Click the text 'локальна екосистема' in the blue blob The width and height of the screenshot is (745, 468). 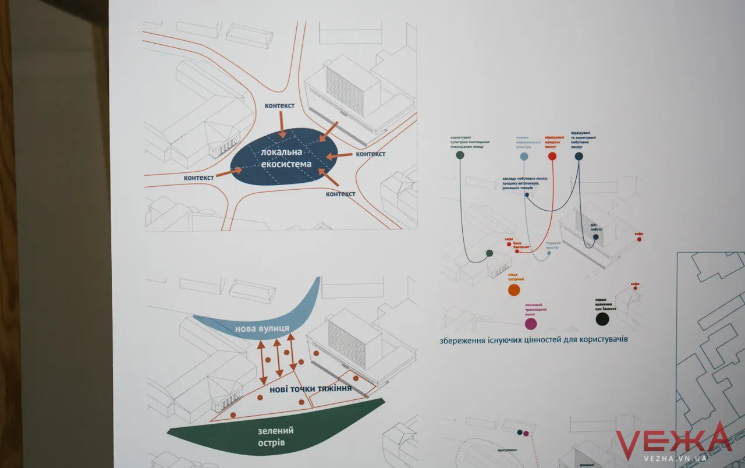click(286, 158)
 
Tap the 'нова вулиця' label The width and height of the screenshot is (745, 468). click(262, 329)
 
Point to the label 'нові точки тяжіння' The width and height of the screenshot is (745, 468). click(310, 388)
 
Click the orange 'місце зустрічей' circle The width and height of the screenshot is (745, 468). click(513, 290)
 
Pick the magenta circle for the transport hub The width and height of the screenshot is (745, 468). click(531, 324)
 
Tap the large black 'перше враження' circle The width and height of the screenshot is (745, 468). click(602, 319)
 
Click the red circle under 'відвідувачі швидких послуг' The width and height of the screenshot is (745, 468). click(552, 156)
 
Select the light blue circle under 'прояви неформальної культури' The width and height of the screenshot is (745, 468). click(524, 156)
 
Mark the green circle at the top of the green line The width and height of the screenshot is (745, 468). click(460, 155)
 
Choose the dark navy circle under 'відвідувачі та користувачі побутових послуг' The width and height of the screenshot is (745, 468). click(579, 156)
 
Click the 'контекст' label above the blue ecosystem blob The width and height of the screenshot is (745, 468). click(279, 105)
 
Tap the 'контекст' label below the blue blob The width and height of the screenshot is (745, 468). click(340, 194)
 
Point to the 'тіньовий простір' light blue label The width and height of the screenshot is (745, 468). click(552, 245)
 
